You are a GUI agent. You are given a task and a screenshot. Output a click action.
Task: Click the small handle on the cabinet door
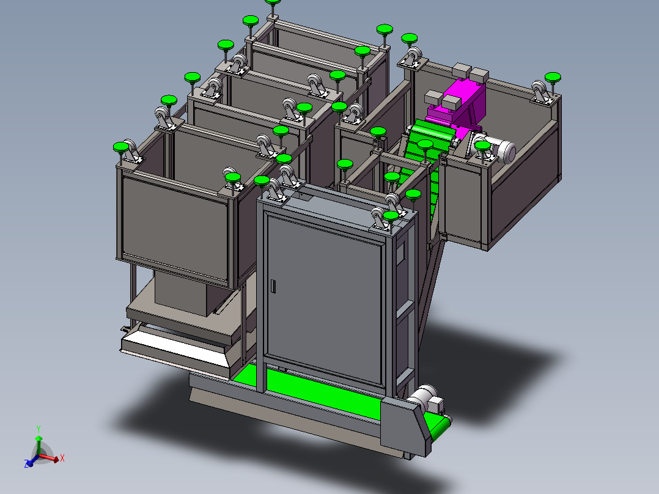pyautogui.click(x=274, y=286)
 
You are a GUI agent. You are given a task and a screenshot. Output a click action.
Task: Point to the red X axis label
pyautogui.click(x=62, y=457)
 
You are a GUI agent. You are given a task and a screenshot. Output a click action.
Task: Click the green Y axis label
pyautogui.click(x=38, y=428)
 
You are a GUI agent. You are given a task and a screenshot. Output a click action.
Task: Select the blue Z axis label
pyautogui.click(x=27, y=465)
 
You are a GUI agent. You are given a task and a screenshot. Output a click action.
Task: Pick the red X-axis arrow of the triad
pyautogui.click(x=51, y=457)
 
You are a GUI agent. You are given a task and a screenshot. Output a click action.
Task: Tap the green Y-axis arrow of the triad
pyautogui.click(x=39, y=443)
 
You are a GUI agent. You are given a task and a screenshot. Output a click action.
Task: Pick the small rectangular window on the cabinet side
pyautogui.click(x=401, y=251)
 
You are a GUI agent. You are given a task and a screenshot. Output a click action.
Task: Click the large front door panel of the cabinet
pyautogui.click(x=324, y=293)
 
